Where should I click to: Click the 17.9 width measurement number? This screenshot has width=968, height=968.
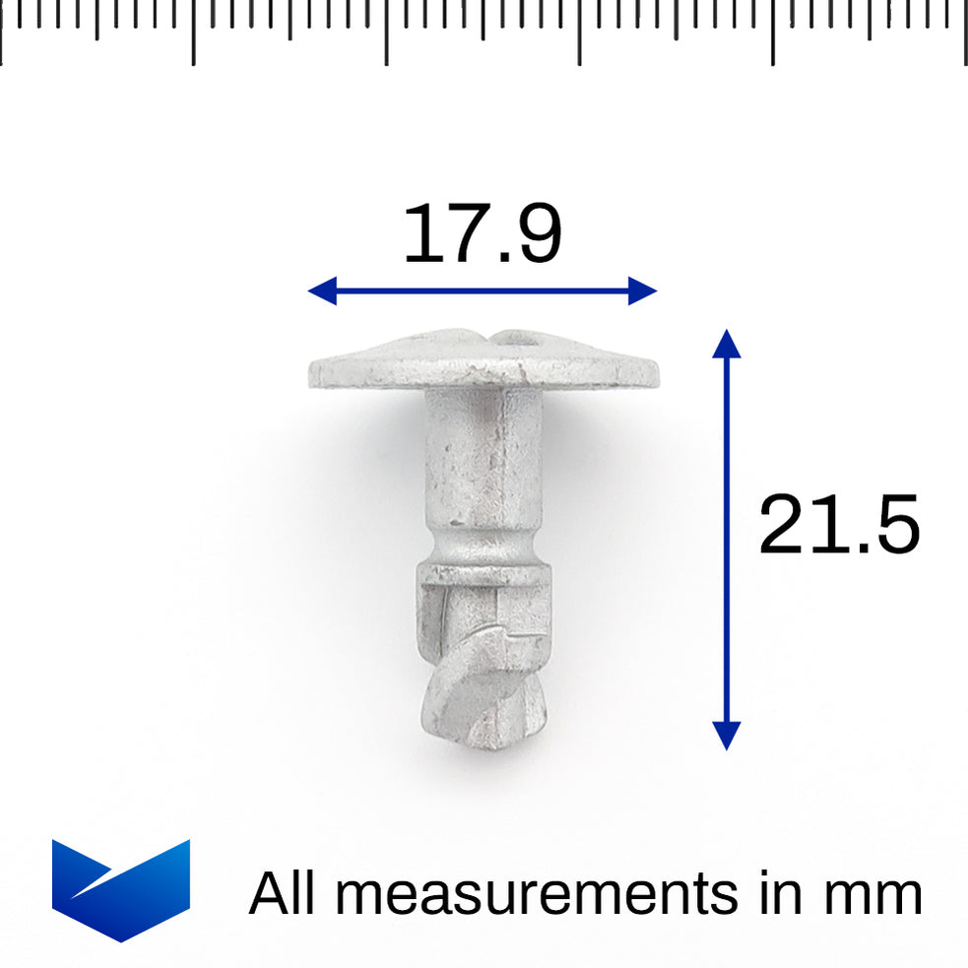(483, 234)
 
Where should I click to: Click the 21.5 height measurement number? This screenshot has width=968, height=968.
(839, 525)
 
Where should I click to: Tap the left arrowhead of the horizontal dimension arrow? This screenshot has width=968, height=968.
(322, 290)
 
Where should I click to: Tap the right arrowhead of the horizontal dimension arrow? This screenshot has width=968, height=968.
(642, 290)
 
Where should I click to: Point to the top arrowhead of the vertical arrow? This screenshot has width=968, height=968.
(726, 344)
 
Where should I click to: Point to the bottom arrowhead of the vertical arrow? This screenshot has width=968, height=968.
(726, 735)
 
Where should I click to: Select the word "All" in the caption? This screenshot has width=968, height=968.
(285, 893)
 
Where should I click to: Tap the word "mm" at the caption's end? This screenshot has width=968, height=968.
(872, 894)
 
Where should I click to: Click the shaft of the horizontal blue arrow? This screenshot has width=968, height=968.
(483, 290)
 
